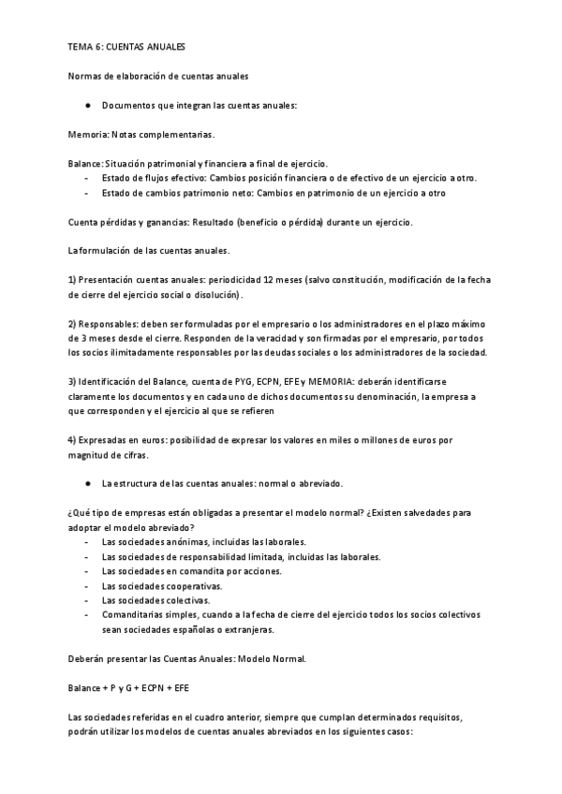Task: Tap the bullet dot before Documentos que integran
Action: pyautogui.click(x=86, y=105)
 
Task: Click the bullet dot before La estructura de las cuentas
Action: pyautogui.click(x=86, y=484)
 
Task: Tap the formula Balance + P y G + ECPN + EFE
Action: pyautogui.click(x=129, y=687)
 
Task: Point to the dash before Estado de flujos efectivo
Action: pyautogui.click(x=86, y=178)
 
